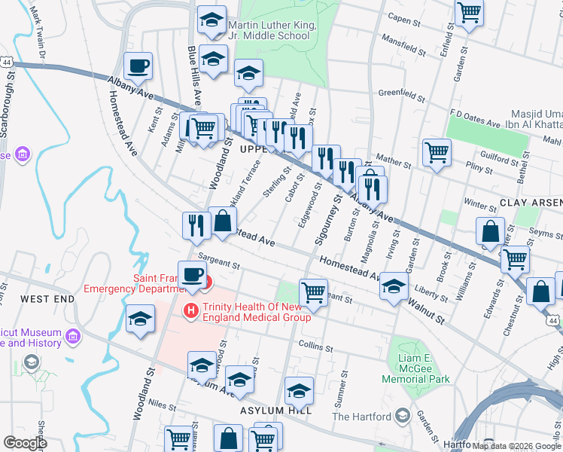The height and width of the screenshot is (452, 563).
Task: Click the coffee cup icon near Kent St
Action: pos(138,67)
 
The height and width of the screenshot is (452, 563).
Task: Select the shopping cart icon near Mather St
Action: pos(437,153)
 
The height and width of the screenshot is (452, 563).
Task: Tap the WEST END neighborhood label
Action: pos(47,299)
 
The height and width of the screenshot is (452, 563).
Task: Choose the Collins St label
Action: pos(315,349)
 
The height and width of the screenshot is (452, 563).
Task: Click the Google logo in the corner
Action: pos(25,443)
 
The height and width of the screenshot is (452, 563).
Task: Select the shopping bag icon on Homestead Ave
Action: pos(223,221)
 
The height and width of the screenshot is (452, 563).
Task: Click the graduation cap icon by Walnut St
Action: pos(394,286)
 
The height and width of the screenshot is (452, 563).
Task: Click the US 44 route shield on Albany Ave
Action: pos(6,60)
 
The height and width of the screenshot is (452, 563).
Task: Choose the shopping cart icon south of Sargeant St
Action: pos(313,292)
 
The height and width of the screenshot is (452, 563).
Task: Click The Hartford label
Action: pos(362,417)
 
